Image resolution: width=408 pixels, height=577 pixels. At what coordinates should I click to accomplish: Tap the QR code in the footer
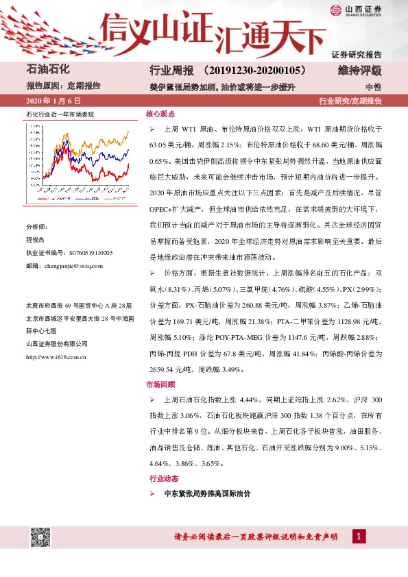[x=40, y=537]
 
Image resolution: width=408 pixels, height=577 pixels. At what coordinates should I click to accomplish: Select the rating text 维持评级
[x=359, y=71]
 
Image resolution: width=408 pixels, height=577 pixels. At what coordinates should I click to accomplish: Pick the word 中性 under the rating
[x=373, y=87]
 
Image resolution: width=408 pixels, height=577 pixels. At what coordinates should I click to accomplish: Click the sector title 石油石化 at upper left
[x=49, y=70]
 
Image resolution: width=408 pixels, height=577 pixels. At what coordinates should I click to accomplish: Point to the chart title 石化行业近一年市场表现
[x=59, y=114]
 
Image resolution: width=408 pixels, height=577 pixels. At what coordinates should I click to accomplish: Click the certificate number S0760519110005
[x=84, y=253]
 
